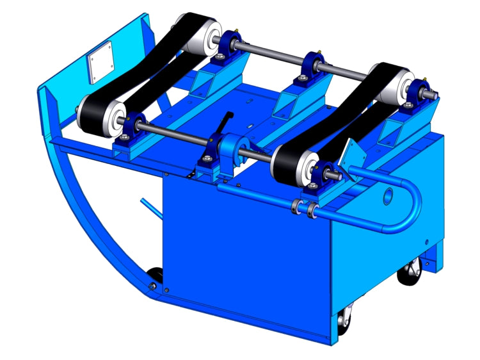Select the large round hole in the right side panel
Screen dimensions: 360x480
(x=387, y=195)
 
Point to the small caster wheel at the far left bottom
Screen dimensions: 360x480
(x=154, y=279)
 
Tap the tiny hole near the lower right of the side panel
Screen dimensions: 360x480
(x=426, y=241)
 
